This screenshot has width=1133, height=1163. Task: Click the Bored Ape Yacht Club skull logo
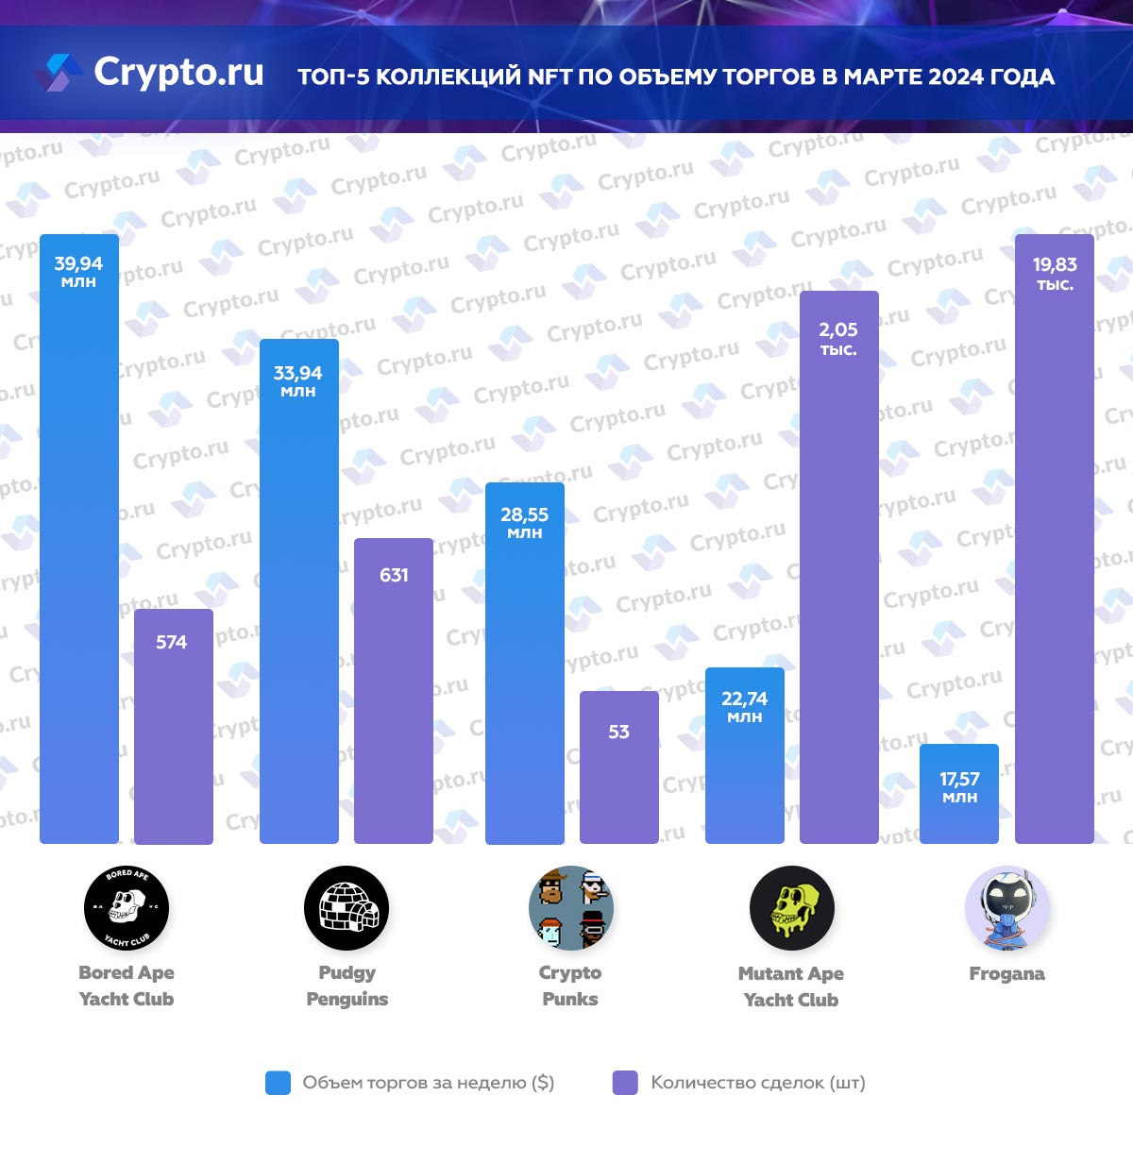click(127, 908)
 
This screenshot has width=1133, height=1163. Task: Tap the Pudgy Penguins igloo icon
click(347, 908)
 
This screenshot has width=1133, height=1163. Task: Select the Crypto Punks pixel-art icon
click(570, 908)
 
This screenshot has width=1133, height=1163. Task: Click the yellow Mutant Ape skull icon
click(791, 908)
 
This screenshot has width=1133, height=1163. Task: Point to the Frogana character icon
click(1006, 908)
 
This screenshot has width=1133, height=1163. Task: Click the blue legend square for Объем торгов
click(279, 1083)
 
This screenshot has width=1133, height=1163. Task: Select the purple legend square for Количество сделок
click(625, 1083)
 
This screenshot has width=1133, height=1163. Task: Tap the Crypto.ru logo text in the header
click(178, 72)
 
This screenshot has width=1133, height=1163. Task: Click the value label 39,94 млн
click(78, 271)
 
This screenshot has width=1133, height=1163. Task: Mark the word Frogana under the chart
click(1006, 973)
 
